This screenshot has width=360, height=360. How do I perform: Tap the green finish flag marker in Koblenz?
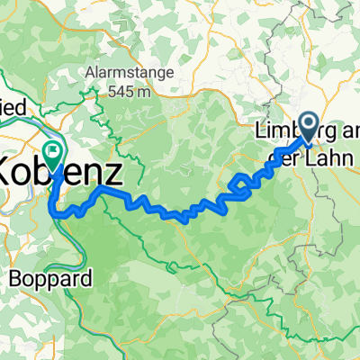click(x=52, y=153)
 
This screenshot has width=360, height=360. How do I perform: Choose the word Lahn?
click(x=324, y=152)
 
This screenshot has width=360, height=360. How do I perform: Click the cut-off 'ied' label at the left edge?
click(x=13, y=106)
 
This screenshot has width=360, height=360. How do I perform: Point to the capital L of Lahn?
click(x=308, y=152)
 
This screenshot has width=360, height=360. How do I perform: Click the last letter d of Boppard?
click(x=88, y=279)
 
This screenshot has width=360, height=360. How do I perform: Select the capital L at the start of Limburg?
click(x=261, y=130)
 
